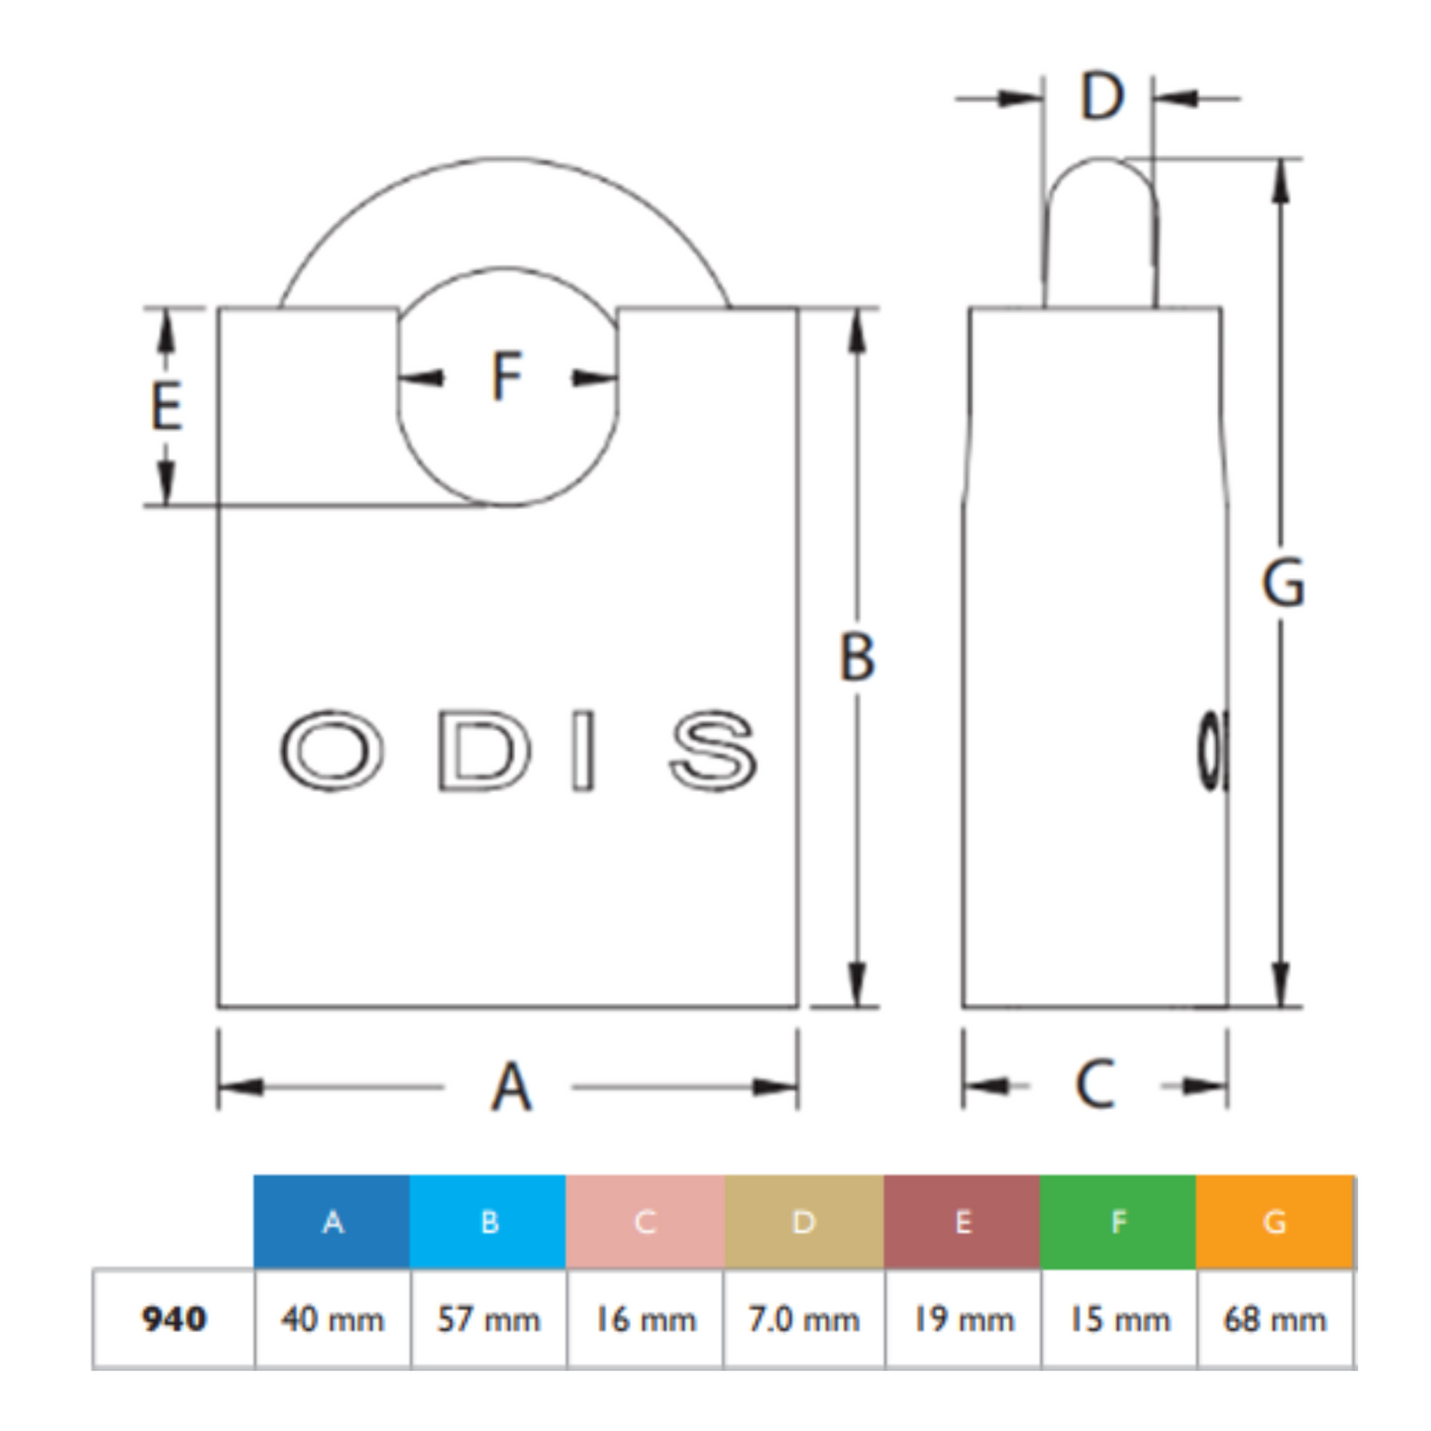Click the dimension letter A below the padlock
(x=512, y=1087)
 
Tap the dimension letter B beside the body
(x=857, y=657)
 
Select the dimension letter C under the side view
(x=1094, y=1085)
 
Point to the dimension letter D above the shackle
(x=1102, y=96)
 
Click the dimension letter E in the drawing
(x=166, y=406)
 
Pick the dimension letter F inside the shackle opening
(x=507, y=376)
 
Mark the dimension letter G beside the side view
(x=1283, y=583)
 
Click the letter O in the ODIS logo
(x=332, y=750)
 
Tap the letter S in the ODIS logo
(x=713, y=751)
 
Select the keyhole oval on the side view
(x=1212, y=752)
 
